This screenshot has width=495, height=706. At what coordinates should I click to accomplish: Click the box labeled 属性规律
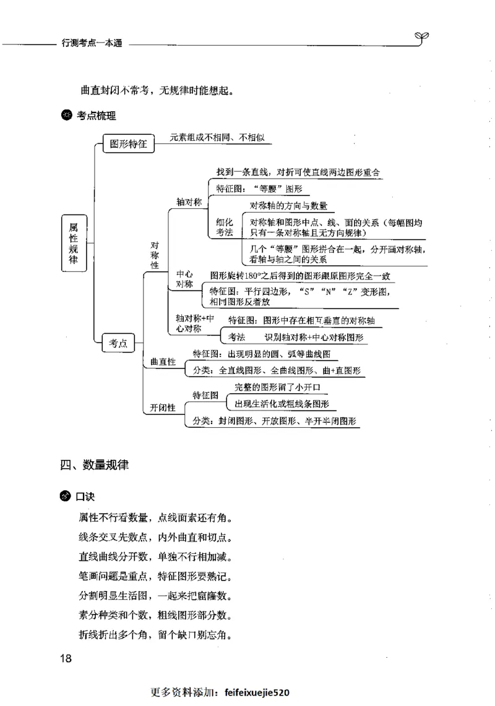(x=74, y=243)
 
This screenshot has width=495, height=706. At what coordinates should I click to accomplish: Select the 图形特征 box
(x=128, y=144)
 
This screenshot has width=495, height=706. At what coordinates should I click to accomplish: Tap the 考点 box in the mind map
(x=118, y=344)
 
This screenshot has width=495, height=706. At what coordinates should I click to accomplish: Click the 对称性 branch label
(x=155, y=255)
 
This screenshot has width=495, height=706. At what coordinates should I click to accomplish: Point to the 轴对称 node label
(x=189, y=202)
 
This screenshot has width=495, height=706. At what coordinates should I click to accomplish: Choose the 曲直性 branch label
(x=163, y=362)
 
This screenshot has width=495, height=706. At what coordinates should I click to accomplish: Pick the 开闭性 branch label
(x=163, y=407)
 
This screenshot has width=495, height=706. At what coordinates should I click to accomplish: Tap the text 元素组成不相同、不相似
(x=217, y=137)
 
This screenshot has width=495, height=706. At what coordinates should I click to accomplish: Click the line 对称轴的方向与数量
(x=288, y=206)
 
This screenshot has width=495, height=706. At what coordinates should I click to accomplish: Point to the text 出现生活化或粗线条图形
(x=282, y=404)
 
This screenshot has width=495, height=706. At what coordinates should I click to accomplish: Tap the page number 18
(x=66, y=658)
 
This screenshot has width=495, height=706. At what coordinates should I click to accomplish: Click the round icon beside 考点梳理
(x=66, y=115)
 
